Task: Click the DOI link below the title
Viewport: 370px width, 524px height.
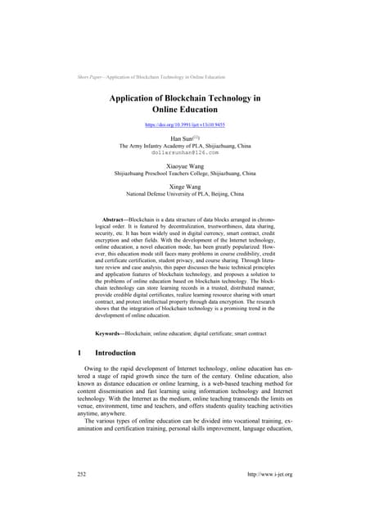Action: pos(184,125)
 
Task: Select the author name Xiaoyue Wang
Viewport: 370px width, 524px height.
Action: pos(184,166)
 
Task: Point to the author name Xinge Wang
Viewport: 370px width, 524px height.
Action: pos(184,187)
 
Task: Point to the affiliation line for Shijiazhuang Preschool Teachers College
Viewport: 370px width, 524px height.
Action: pos(184,174)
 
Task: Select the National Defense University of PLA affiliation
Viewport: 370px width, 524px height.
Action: pos(184,196)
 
